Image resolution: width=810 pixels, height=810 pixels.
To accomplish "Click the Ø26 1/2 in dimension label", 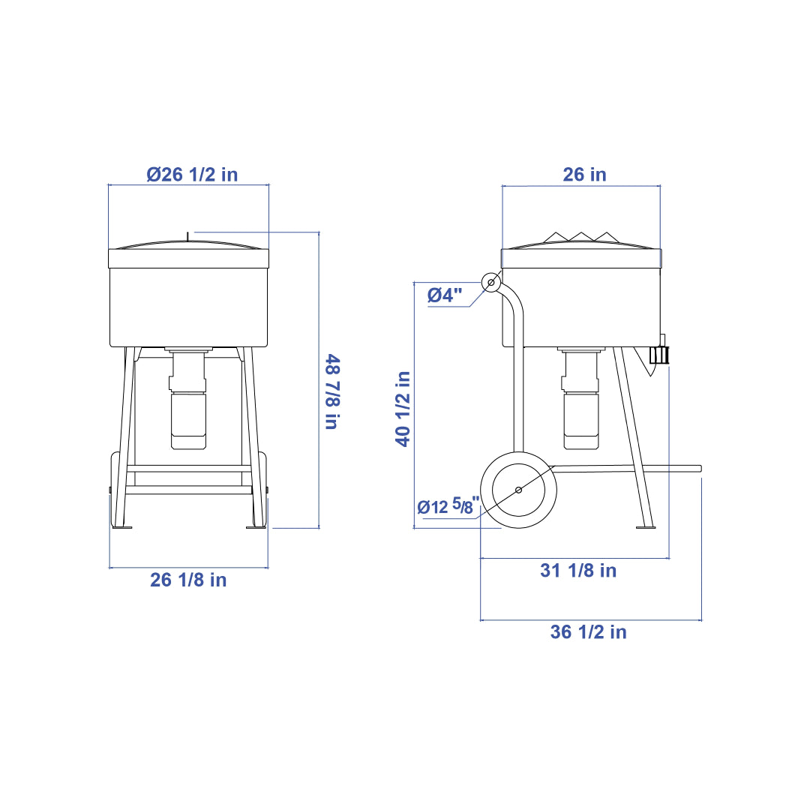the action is tap(192, 175).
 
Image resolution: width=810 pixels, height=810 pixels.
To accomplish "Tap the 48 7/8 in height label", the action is tap(332, 391).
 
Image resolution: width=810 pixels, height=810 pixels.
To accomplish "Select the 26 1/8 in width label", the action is tap(188, 580).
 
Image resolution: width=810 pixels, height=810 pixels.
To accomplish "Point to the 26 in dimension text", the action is tap(584, 175).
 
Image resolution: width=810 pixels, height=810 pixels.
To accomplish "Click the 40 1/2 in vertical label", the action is tap(403, 409).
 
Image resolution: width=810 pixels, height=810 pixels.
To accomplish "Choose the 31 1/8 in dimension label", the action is tap(578, 570).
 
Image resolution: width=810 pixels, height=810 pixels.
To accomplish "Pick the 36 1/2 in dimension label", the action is tap(589, 631).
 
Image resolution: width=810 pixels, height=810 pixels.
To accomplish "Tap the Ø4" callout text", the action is tap(445, 295).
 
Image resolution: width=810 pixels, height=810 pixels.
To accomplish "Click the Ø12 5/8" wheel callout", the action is tap(448, 505).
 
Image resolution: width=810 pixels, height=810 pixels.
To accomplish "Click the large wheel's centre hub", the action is tap(519, 490).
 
